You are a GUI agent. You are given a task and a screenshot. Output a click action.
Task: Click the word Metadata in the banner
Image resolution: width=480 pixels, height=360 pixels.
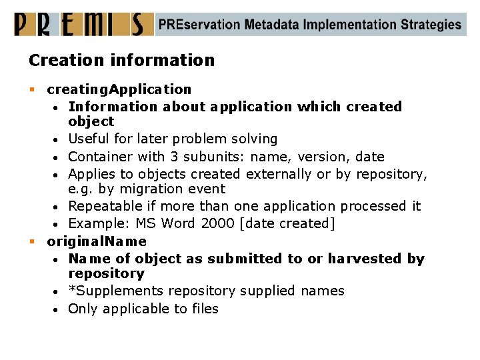[271, 25]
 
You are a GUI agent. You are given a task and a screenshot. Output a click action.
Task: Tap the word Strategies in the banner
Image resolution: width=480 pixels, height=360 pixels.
[431, 25]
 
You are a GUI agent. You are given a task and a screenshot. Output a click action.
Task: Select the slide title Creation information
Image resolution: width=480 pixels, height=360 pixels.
[121, 60]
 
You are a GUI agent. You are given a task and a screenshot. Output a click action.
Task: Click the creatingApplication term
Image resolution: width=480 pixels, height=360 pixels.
[119, 89]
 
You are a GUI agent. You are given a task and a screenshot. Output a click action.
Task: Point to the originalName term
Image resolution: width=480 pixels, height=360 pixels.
[97, 241]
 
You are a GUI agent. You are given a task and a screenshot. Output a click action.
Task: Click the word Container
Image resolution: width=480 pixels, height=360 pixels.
[101, 157]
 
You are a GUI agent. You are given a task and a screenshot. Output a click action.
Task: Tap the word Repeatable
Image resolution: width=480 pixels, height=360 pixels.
[104, 206]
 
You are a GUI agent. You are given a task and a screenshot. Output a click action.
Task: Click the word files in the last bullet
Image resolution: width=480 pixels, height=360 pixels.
[204, 308]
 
